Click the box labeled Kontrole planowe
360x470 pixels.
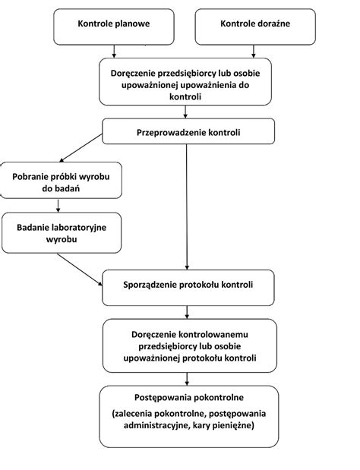pyautogui.click(x=114, y=27)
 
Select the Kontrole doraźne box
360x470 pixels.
pyautogui.click(x=255, y=27)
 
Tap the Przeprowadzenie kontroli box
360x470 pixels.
pyautogui.click(x=188, y=131)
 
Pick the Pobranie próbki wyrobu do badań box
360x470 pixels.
pyautogui.click(x=62, y=180)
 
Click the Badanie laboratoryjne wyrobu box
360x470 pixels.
pyautogui.click(x=62, y=233)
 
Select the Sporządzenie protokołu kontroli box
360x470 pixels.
pyautogui.click(x=188, y=288)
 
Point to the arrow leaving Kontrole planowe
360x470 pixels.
pyautogui.click(x=114, y=52)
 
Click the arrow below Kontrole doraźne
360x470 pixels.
pyautogui.click(x=254, y=52)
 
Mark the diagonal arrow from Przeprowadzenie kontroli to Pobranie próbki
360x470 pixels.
pyautogui.click(x=81, y=148)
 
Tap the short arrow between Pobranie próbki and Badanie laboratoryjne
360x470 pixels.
pyautogui.click(x=58, y=205)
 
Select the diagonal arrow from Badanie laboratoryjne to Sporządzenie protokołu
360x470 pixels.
pyautogui.click(x=80, y=270)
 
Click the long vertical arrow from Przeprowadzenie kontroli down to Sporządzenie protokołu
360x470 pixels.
pyautogui.click(x=187, y=207)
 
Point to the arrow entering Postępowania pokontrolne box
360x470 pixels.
pyautogui.click(x=187, y=379)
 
